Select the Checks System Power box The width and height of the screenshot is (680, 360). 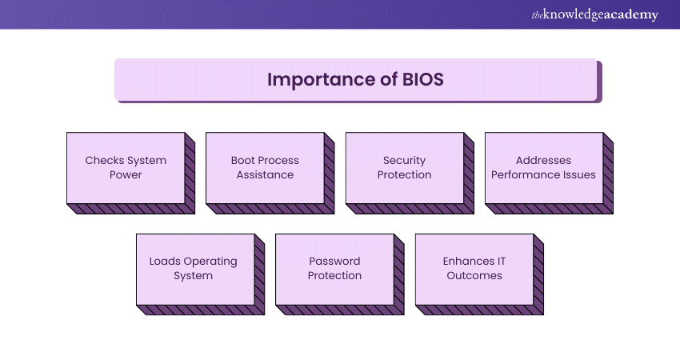point(126,167)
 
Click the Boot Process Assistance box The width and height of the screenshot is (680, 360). point(265,167)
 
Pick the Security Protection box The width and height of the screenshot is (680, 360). point(404,167)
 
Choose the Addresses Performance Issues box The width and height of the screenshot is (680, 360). point(543,167)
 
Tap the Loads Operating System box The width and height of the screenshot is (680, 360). point(193,268)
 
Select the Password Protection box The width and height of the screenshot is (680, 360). point(334,268)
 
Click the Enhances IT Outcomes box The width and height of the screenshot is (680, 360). point(474,268)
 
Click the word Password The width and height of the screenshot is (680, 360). point(334,261)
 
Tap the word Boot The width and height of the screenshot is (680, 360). point(244,160)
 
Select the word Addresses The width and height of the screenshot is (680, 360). point(544,160)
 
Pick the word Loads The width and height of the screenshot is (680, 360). point(166,261)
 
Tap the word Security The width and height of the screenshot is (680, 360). point(404,160)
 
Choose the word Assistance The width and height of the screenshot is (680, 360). point(265,174)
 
